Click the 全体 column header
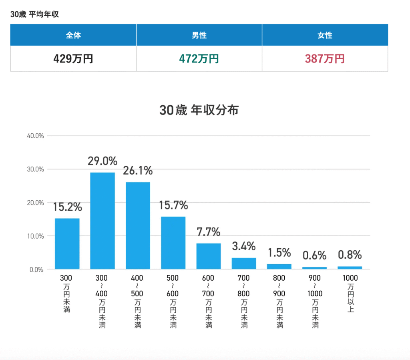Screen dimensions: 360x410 73,35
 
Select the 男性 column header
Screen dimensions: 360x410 199,35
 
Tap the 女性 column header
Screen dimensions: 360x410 325,35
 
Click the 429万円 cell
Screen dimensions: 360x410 73,59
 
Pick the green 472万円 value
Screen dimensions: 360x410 199,59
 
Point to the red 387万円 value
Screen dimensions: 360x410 325,59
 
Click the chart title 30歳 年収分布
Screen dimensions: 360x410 199,110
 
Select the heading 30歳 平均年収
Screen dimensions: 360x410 35,14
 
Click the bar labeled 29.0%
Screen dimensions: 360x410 102,220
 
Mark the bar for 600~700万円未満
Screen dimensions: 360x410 209,256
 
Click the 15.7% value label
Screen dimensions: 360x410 173,206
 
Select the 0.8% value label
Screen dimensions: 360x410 350,255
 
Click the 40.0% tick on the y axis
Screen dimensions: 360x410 35,136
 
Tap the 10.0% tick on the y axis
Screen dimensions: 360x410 35,236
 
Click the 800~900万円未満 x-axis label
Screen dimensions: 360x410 279,301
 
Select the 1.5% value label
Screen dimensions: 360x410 279,253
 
